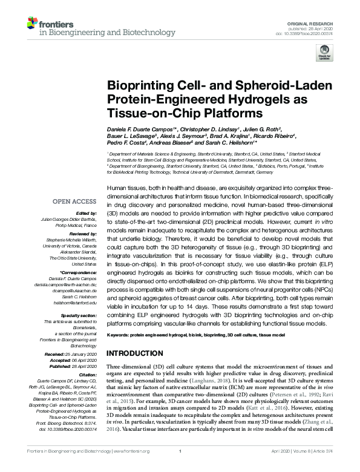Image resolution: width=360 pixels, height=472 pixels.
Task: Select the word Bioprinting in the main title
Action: (136, 87)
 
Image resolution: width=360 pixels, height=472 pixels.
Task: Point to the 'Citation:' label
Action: (87, 375)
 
